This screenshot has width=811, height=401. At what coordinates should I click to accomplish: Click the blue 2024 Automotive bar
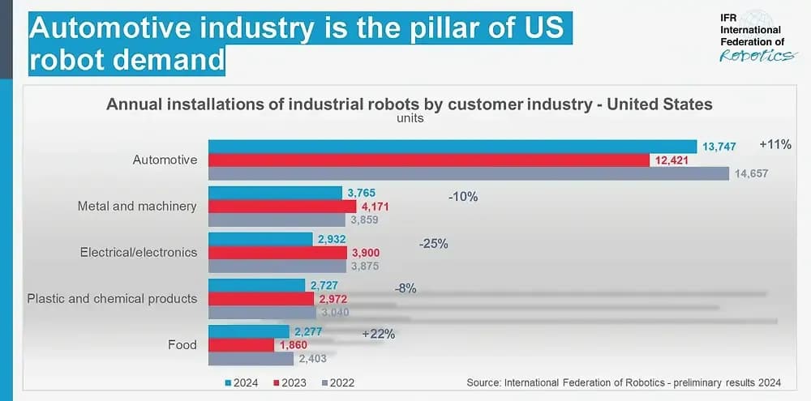pos(453,147)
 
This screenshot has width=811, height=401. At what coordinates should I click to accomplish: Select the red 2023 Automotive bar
pos(429,160)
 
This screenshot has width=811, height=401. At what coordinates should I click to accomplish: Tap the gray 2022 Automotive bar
pos(469,173)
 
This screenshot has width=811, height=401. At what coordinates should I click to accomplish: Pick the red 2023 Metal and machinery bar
pos(282,207)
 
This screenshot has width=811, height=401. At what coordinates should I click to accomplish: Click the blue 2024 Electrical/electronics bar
pos(260,239)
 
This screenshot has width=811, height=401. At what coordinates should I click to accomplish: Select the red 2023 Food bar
pos(241,345)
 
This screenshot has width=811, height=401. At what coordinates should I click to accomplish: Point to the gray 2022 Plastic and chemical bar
pos(262,313)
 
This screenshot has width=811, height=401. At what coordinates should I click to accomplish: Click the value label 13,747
pos(719,147)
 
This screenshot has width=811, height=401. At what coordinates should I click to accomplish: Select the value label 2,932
pos(331,239)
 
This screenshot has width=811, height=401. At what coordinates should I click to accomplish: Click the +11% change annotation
pos(775,145)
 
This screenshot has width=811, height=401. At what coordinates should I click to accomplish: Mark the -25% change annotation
pos(433,244)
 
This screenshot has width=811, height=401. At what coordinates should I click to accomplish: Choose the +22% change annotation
pos(379,335)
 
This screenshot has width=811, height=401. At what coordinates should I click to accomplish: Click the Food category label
pos(182,344)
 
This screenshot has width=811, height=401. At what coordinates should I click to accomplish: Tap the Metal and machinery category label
pos(137,207)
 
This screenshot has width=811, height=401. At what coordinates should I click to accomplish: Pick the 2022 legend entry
pos(337,383)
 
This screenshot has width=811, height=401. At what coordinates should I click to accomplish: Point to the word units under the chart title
pos(410,118)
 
